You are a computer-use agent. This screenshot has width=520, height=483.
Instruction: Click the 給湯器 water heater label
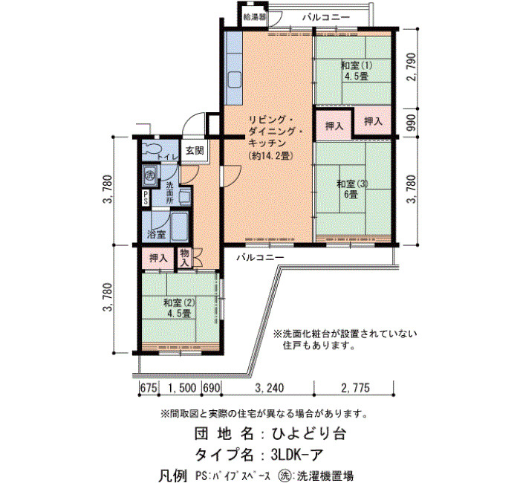point(255,17)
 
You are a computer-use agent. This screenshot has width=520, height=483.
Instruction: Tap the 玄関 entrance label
point(195,151)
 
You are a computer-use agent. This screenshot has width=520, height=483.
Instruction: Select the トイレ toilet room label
point(168,158)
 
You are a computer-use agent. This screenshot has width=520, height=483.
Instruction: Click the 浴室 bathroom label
point(157,235)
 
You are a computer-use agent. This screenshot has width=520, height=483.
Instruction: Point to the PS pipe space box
point(146,198)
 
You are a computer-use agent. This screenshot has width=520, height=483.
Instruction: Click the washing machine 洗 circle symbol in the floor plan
point(150,174)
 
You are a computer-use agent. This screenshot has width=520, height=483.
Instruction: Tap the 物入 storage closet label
point(185,258)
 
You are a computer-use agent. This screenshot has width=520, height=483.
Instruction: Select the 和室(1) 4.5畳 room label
point(357,71)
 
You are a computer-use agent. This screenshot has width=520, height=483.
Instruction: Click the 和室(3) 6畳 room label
point(353,189)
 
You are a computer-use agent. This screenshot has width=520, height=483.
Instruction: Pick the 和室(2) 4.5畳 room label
point(180,308)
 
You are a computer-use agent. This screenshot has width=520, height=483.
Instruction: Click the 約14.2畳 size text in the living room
point(270,155)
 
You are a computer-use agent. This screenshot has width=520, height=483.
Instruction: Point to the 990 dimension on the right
point(411,123)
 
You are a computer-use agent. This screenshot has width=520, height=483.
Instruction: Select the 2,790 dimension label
point(412,67)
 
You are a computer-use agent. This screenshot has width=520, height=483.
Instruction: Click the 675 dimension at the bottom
point(149,387)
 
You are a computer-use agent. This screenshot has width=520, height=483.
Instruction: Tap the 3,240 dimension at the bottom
point(269,387)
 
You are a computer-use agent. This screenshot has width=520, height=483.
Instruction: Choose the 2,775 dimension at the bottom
point(355,387)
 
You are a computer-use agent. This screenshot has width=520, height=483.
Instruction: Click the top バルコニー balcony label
point(326,17)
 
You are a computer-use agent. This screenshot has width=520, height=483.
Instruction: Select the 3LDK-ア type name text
point(297,455)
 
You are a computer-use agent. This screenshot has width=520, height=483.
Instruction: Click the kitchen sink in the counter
point(235,80)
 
